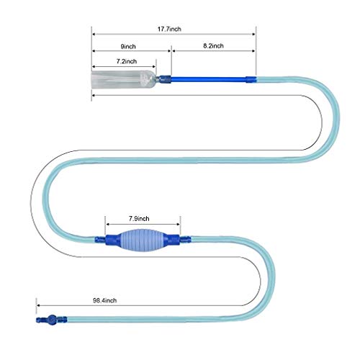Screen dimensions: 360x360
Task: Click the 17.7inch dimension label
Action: tap(169, 29)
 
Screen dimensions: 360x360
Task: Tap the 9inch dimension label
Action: tap(128, 46)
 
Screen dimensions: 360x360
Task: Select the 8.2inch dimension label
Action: tap(213, 45)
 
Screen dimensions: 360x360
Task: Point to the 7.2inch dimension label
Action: tap(127, 61)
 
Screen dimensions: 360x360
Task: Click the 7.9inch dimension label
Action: tap(139, 218)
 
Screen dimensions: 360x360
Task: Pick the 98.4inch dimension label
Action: tap(105, 300)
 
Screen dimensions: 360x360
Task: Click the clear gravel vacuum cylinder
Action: tap(124, 79)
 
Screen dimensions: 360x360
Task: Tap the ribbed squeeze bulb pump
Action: tap(143, 240)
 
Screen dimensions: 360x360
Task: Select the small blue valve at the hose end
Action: tap(51, 320)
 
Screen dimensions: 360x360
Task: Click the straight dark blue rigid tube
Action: tap(208, 79)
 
